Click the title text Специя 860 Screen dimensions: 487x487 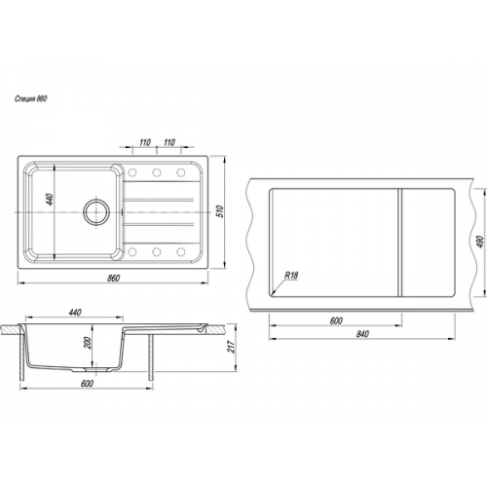[31, 98]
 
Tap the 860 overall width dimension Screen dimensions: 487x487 [113, 279]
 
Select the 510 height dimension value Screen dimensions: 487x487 [220, 211]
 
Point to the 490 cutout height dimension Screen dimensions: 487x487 [480, 242]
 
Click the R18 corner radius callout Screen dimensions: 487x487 [291, 276]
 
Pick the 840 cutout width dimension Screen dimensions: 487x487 [362, 334]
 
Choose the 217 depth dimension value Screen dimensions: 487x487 [231, 347]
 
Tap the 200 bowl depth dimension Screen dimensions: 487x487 [88, 343]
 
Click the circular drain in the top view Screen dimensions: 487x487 [96, 212]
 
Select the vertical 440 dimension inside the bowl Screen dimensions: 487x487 [49, 199]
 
